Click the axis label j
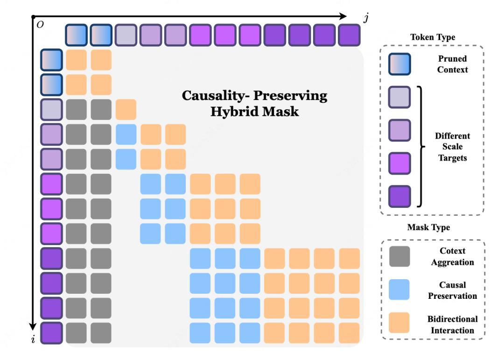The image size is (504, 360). (x=366, y=18)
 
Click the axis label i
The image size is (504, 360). (x=33, y=339)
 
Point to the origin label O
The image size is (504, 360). (x=40, y=25)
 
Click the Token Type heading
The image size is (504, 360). (x=433, y=37)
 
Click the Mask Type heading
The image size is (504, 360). (x=428, y=227)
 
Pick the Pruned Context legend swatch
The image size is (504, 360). (x=399, y=64)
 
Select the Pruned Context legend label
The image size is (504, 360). (x=452, y=64)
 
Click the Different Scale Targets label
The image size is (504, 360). (x=452, y=147)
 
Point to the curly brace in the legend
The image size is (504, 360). (x=421, y=147)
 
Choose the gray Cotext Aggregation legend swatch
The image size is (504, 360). (x=399, y=256)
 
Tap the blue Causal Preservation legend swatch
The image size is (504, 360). (x=399, y=289)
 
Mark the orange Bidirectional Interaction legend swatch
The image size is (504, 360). (x=399, y=323)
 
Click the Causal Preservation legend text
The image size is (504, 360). (x=452, y=290)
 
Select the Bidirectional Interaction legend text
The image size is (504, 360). (x=452, y=325)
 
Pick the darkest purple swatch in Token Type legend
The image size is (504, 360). (x=399, y=196)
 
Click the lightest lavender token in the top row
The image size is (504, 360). (x=126, y=35)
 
